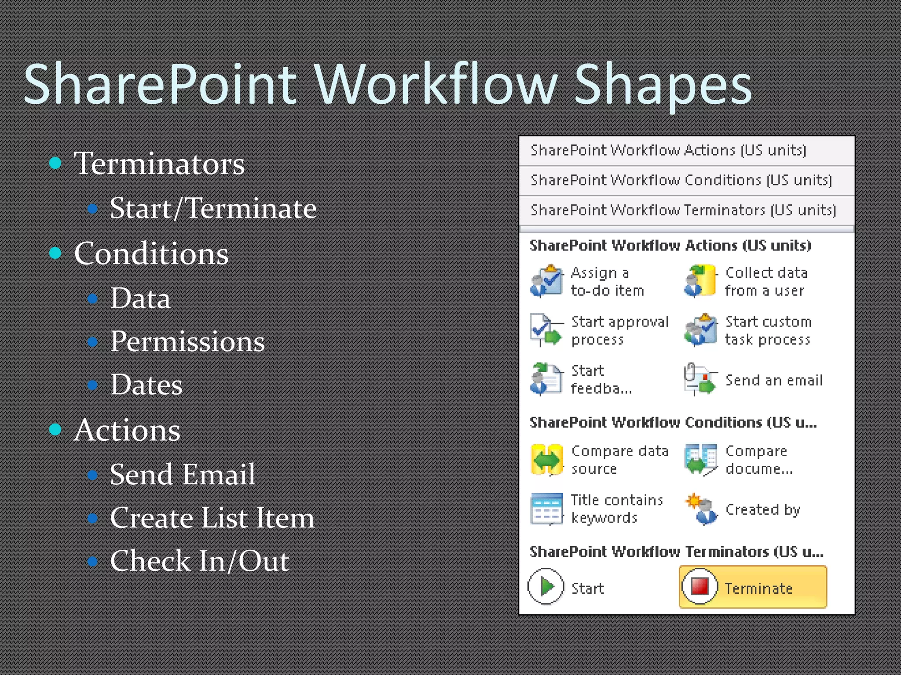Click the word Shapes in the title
pos(663,85)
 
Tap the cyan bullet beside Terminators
pos(55,163)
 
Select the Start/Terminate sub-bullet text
pos(213,208)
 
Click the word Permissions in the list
pos(187,341)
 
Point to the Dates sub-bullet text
pos(146,385)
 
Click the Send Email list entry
pos(182,474)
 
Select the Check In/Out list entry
pos(199,561)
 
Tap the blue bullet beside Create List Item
pos(92,518)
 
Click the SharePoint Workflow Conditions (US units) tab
pos(681,180)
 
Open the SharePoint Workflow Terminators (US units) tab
pos(683,210)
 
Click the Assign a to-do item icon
pos(546,281)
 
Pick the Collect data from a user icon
pos(700,281)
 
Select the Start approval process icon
pos(546,330)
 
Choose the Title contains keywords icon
pos(546,508)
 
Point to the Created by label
pos(762,509)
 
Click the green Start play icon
pos(546,587)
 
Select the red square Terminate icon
pos(700,586)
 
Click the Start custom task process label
pos(768,330)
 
